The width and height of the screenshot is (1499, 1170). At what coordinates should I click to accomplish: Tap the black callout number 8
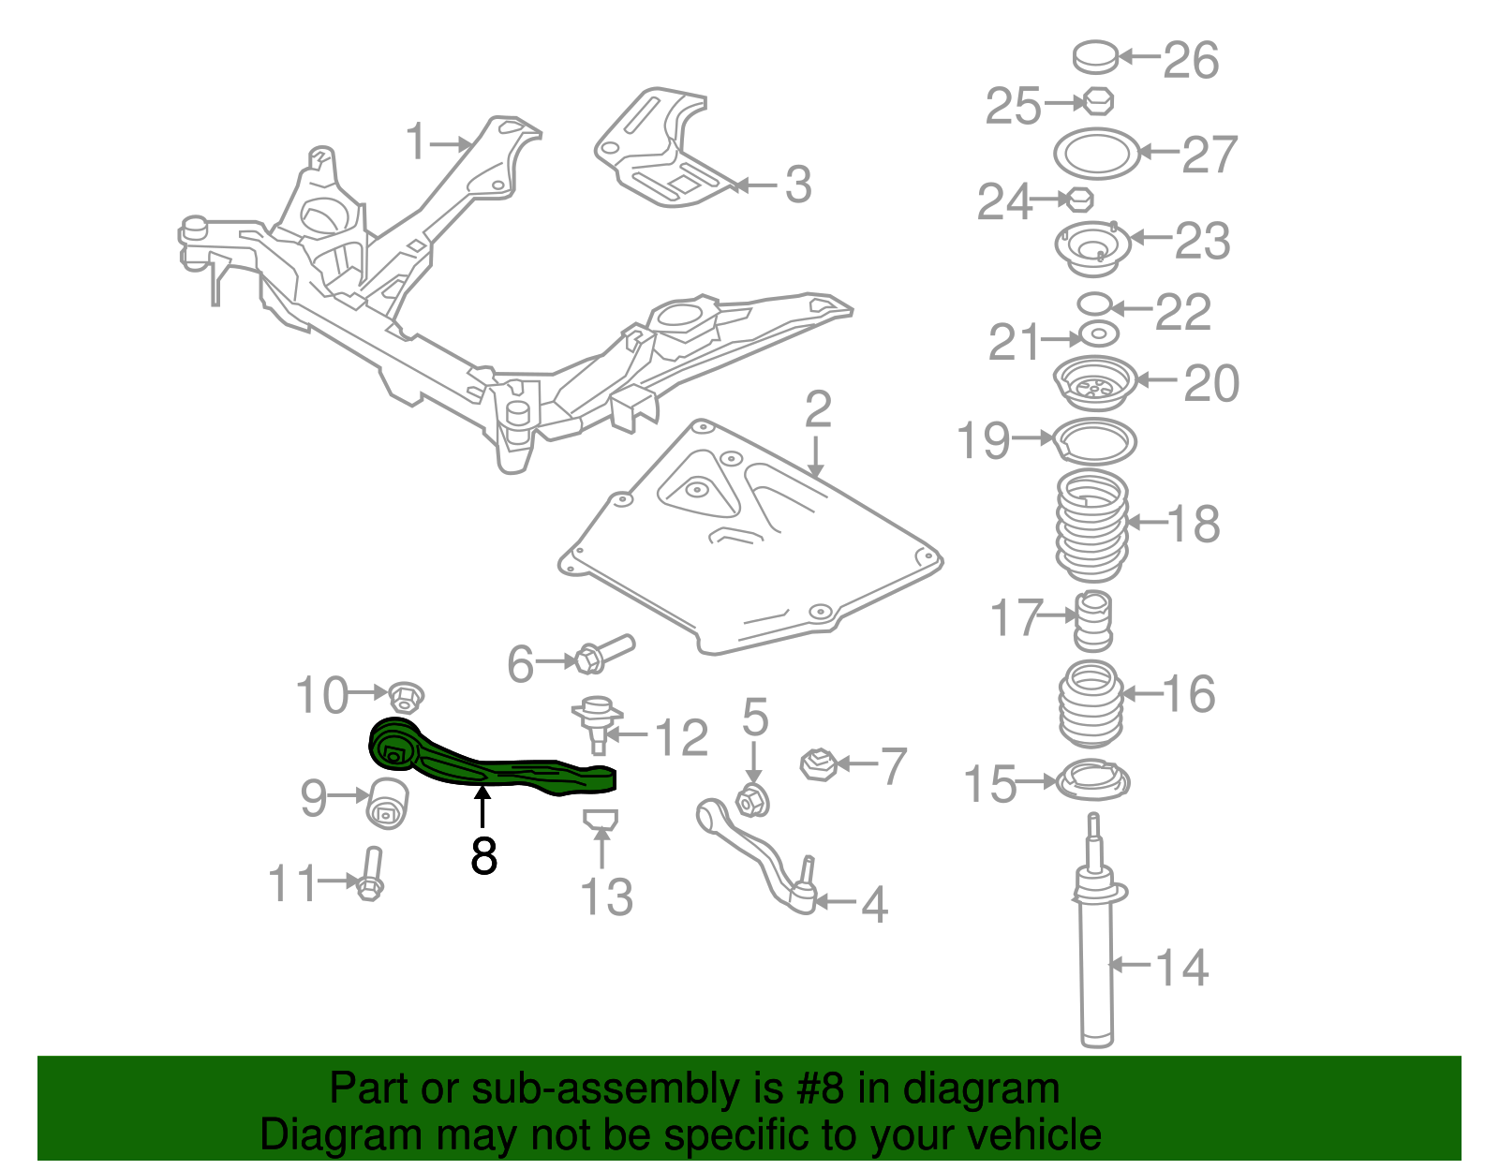pyautogui.click(x=483, y=856)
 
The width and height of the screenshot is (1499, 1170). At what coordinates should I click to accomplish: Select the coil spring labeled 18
pyautogui.click(x=1092, y=526)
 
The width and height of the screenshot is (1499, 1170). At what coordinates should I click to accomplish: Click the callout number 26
pyautogui.click(x=1192, y=61)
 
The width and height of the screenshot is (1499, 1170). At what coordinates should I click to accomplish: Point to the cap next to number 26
pyautogui.click(x=1095, y=56)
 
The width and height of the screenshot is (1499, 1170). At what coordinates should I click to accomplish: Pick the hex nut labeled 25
pyautogui.click(x=1097, y=102)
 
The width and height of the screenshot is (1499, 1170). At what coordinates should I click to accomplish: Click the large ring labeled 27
pyautogui.click(x=1096, y=154)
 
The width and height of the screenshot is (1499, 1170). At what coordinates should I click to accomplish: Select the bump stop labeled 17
pyautogui.click(x=1094, y=620)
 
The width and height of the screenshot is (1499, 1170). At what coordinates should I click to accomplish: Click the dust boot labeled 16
pyautogui.click(x=1091, y=703)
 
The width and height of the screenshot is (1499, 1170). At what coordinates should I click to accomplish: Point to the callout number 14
pyautogui.click(x=1181, y=968)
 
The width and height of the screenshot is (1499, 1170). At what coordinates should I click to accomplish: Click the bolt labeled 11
pyautogui.click(x=370, y=874)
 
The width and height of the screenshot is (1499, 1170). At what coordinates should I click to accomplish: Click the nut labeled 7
pyautogui.click(x=818, y=764)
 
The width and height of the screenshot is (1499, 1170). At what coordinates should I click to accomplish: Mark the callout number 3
pyautogui.click(x=798, y=185)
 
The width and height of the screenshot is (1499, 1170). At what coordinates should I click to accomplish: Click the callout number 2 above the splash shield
pyautogui.click(x=818, y=410)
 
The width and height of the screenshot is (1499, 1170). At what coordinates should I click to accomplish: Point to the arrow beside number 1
pyautogui.click(x=450, y=144)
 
